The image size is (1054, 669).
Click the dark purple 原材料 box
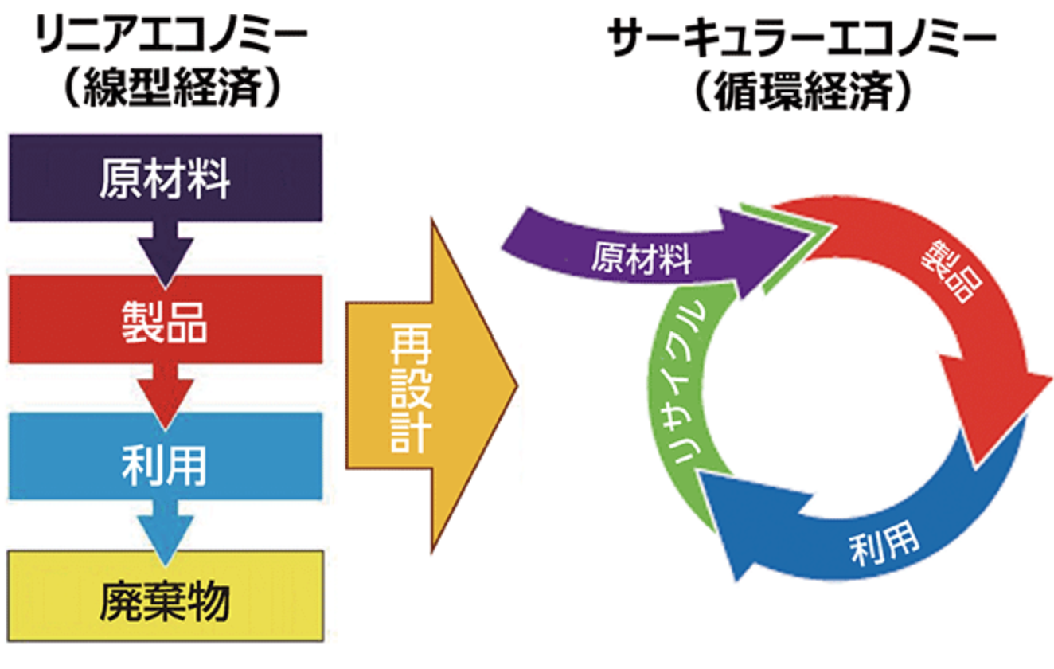165,178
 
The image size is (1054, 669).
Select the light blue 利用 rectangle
165,456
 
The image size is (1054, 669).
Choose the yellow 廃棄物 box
165,594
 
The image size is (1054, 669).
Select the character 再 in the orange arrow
412,344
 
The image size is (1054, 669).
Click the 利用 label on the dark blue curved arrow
884,546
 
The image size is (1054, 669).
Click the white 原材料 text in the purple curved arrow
642,260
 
